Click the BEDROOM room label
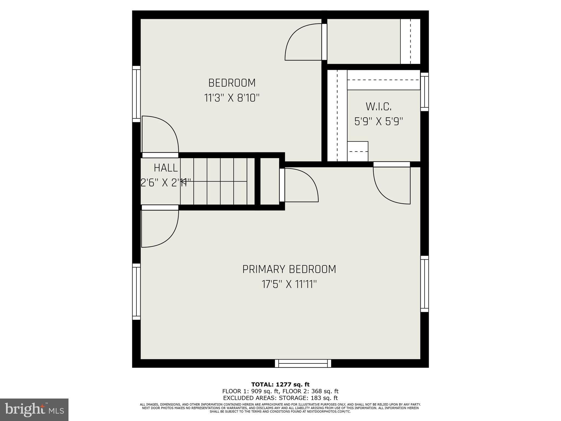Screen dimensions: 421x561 (x=232, y=83)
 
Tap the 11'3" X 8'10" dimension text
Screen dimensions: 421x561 (x=232, y=98)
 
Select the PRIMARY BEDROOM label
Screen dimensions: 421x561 (x=289, y=269)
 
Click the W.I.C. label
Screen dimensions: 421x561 (x=379, y=106)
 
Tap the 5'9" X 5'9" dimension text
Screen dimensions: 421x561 (x=379, y=121)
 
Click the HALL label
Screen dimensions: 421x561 (x=166, y=168)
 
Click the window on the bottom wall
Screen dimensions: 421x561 (x=303, y=363)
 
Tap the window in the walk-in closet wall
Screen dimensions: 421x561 (x=424, y=92)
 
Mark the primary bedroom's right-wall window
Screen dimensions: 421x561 (x=424, y=284)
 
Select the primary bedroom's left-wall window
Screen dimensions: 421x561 (x=136, y=292)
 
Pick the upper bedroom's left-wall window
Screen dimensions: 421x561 (x=136, y=94)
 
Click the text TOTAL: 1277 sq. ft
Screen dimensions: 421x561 (x=280, y=385)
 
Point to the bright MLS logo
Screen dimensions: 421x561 (x=34, y=409)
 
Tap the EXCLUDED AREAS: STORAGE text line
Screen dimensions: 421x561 (x=280, y=398)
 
